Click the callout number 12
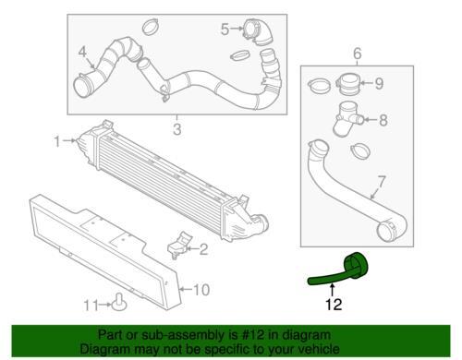334,305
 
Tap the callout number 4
82,52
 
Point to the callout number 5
225,30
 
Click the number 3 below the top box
177,129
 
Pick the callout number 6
357,54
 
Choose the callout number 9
379,83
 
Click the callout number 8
383,120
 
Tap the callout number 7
381,182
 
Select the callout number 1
57,141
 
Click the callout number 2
203,249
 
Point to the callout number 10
201,290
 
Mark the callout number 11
91,306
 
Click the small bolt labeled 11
119,302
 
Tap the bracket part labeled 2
179,245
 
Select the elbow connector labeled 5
259,31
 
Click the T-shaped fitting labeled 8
348,119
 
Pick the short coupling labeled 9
348,83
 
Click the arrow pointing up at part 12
333,290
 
